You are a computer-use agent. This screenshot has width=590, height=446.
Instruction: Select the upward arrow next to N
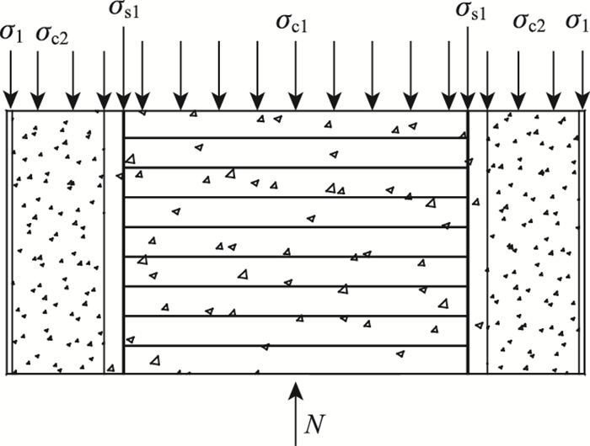tap(294, 412)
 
